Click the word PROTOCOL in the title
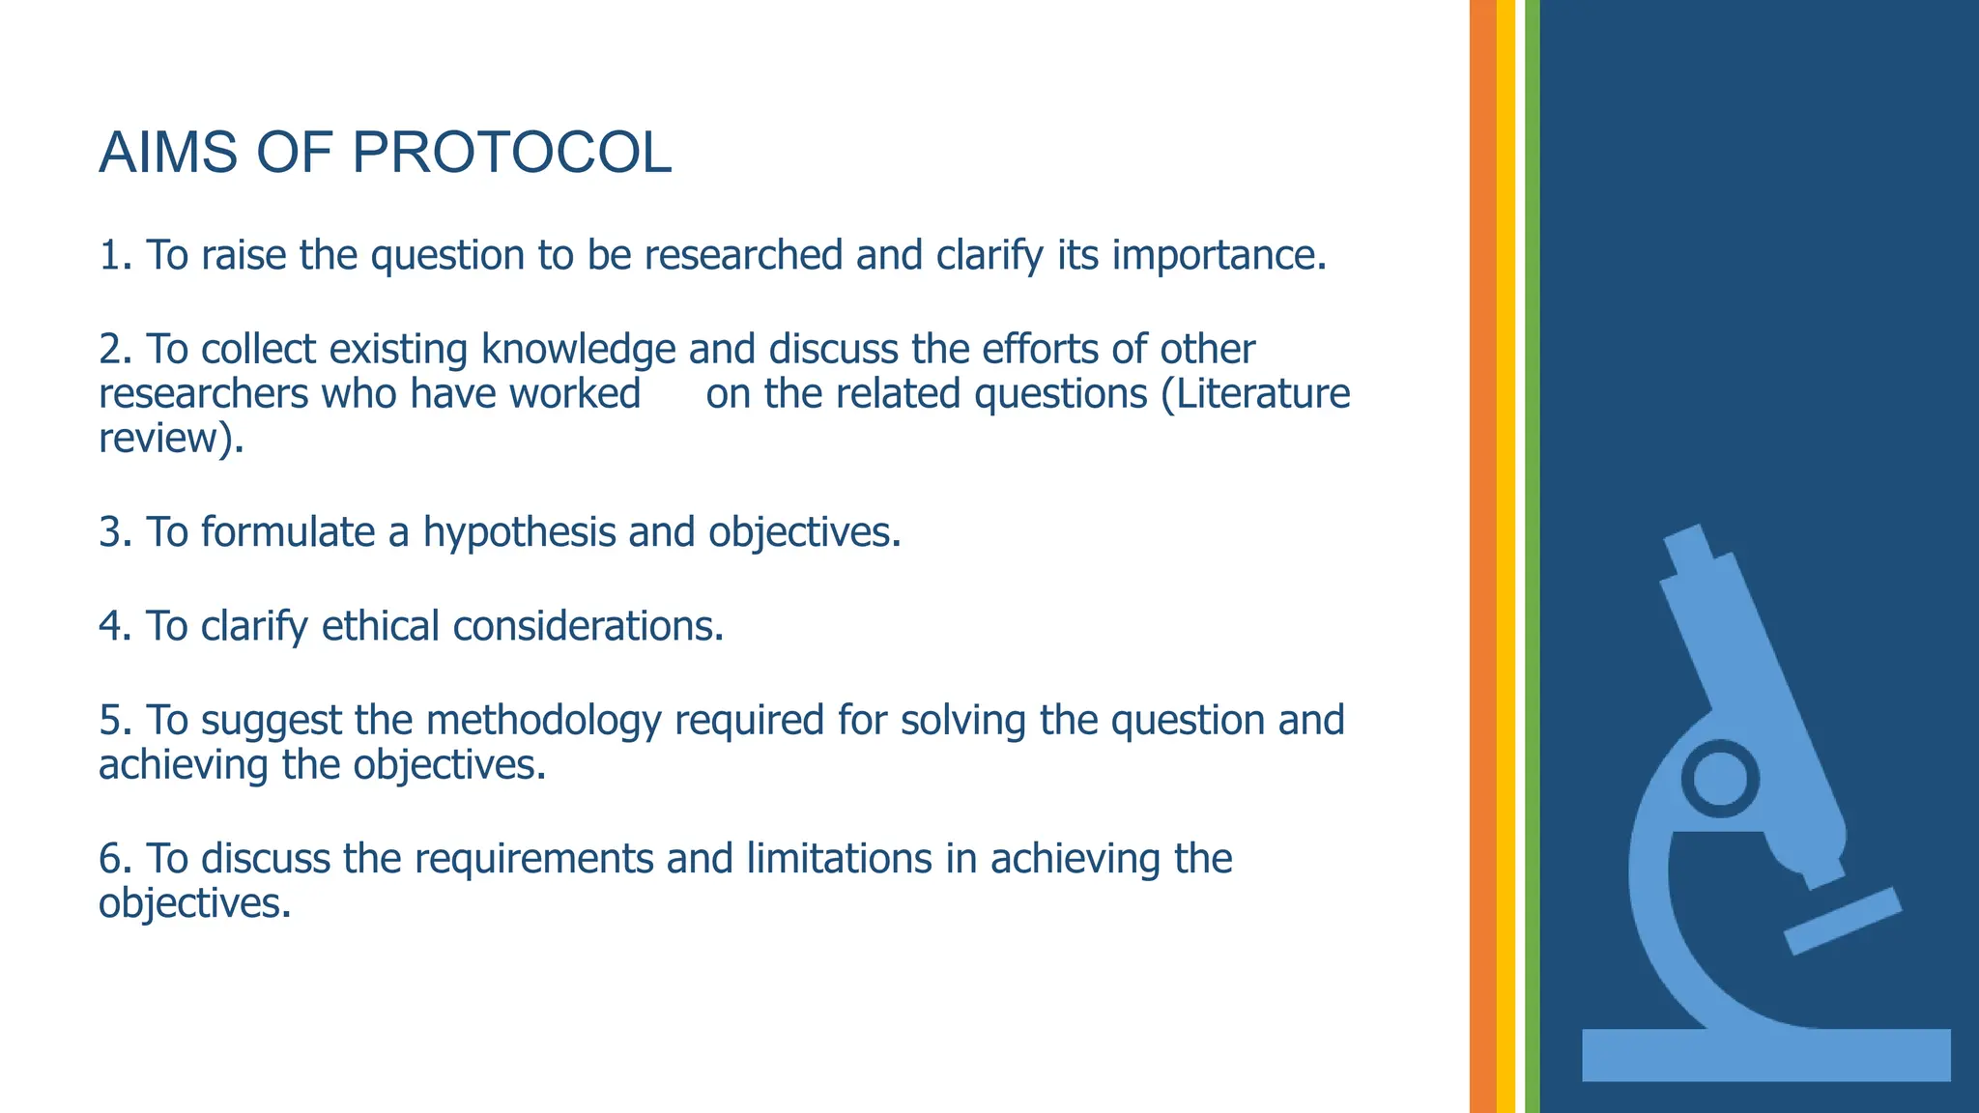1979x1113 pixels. pyautogui.click(x=511, y=153)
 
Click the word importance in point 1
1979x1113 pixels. pyautogui.click(x=1219, y=255)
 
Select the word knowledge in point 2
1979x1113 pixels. pyautogui.click(x=578, y=349)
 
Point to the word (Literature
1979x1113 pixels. pyautogui.click(x=1255, y=393)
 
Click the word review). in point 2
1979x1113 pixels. pyautogui.click(x=171, y=439)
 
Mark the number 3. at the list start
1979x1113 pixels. pyautogui.click(x=115, y=532)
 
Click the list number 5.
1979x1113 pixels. pyautogui.click(x=115, y=721)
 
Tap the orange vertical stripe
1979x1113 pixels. pyautogui.click(x=1482, y=556)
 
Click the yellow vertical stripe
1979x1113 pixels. pyautogui.click(x=1506, y=556)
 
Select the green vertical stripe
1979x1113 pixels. pyautogui.click(x=1532, y=556)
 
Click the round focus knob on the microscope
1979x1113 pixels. pyautogui.click(x=1720, y=779)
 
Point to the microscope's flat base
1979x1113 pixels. pyautogui.click(x=1765, y=1054)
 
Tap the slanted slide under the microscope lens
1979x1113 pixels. pyautogui.click(x=1842, y=921)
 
